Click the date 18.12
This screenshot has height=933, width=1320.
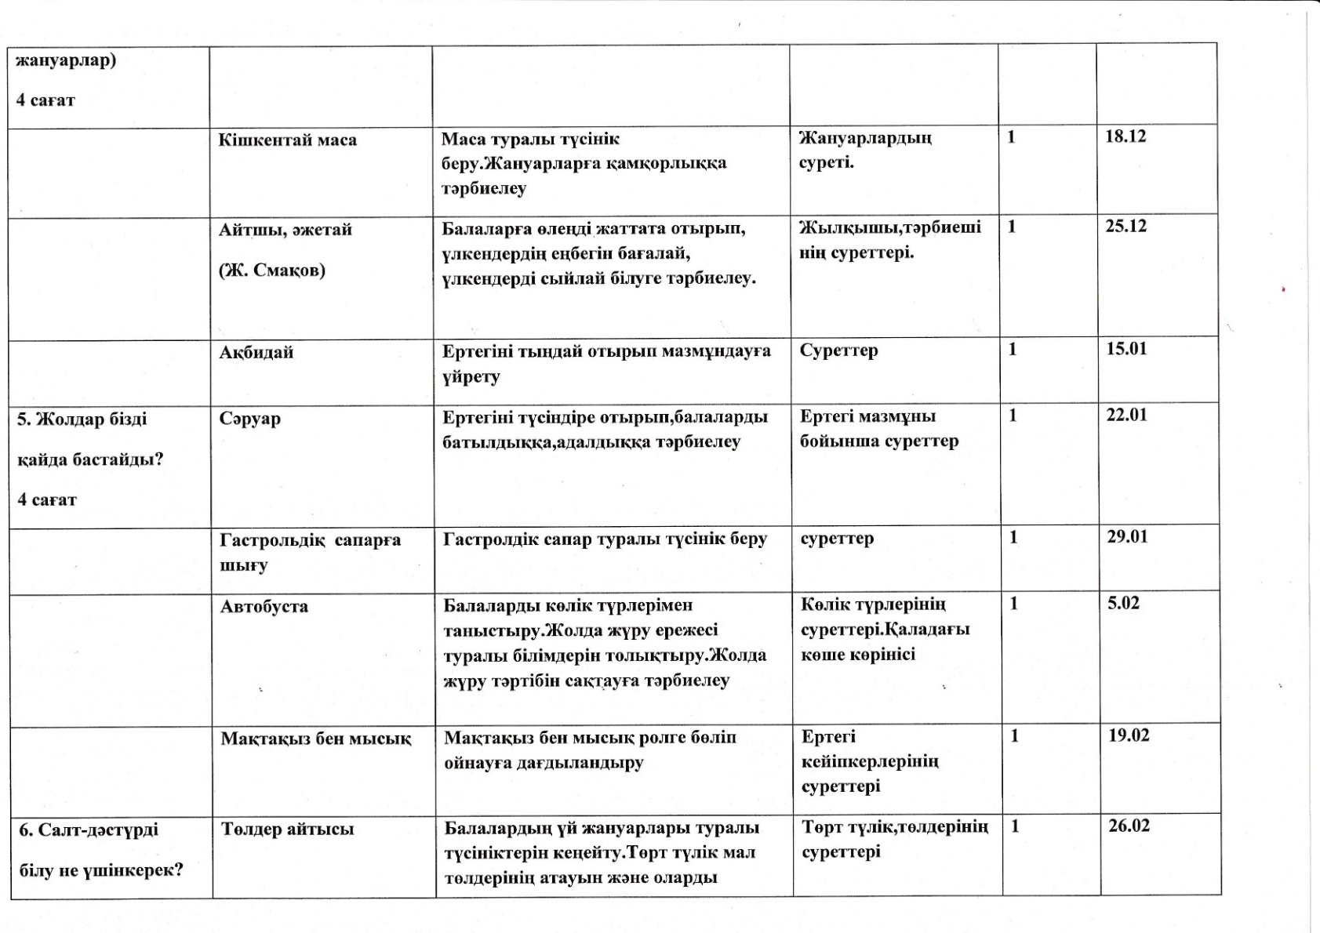pos(1125,136)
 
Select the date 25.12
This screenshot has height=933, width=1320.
pos(1125,227)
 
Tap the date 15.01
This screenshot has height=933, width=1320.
pos(1126,349)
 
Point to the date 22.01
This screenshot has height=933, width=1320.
pos(1126,415)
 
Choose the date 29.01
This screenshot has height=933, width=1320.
pos(1127,537)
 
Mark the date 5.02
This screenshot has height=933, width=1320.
pos(1123,603)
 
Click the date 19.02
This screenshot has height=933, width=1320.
pos(1129,735)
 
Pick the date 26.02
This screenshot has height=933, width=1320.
pos(1129,826)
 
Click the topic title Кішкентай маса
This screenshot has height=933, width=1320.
pos(287,140)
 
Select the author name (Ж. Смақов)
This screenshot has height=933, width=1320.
pos(271,270)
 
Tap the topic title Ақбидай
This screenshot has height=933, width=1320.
pos(256,353)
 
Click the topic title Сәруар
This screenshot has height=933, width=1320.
pos(250,419)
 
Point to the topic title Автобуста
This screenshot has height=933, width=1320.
pos(264,607)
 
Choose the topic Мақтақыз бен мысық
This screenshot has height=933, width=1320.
pos(315,739)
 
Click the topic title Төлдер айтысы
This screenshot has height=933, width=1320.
pos(287,830)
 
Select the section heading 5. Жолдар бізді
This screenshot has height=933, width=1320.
pos(82,419)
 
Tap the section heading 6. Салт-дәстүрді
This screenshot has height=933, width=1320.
pos(88,830)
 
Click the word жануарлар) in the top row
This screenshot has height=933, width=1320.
pos(66,61)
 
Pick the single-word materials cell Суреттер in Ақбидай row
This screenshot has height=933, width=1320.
pos(838,350)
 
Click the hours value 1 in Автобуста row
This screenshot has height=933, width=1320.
pos(1013,603)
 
